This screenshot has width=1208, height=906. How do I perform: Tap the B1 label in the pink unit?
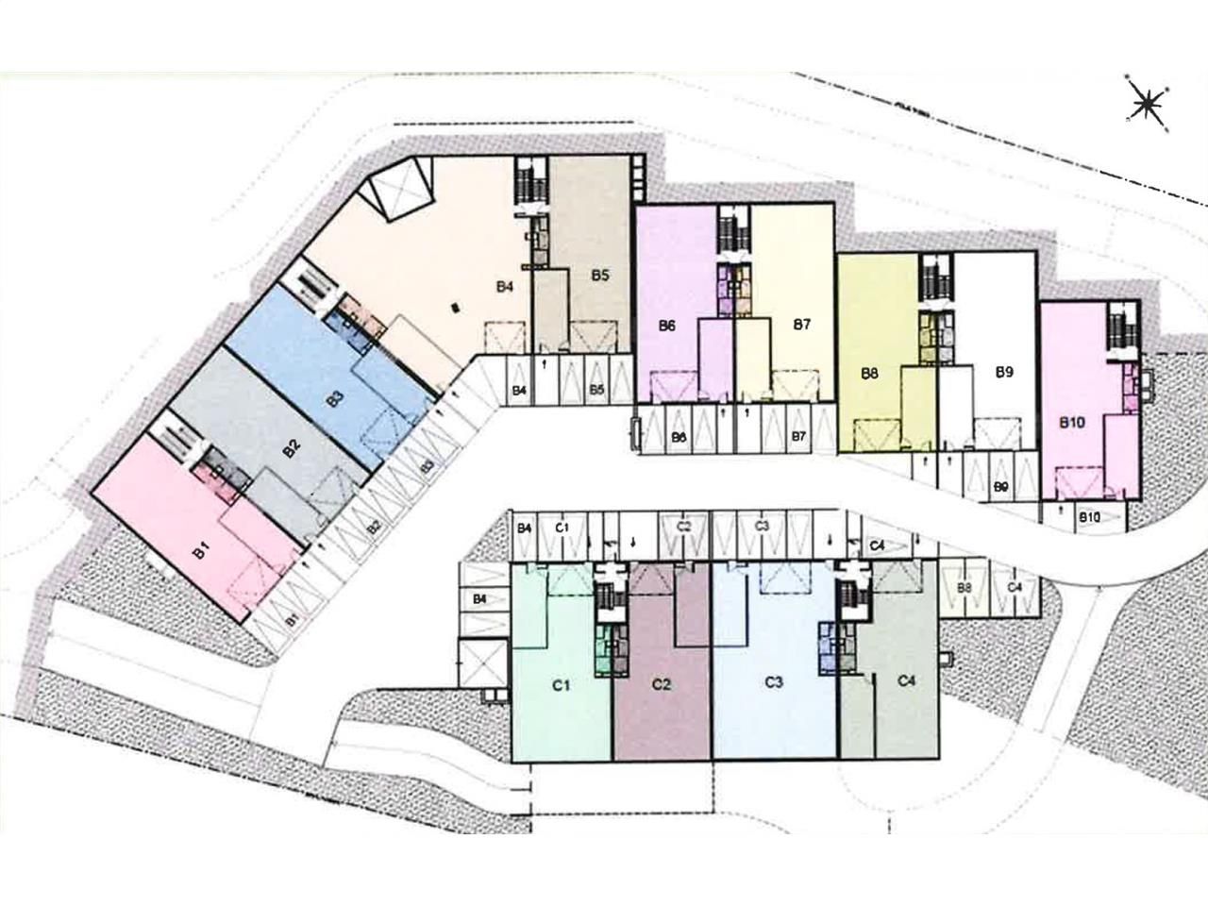click(x=199, y=551)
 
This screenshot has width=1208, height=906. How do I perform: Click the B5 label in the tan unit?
click(x=600, y=276)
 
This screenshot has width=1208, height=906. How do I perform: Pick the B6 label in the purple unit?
click(x=667, y=326)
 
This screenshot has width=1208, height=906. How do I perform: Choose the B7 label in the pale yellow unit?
click(x=801, y=325)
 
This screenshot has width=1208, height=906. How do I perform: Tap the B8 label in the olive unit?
click(x=870, y=373)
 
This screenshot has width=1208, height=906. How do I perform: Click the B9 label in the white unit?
click(x=1004, y=372)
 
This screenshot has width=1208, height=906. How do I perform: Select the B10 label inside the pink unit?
click(x=1070, y=424)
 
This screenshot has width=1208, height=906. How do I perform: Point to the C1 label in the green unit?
click(x=561, y=686)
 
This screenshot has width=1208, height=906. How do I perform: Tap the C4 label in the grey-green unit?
click(x=907, y=680)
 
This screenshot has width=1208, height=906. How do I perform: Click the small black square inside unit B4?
click(x=457, y=307)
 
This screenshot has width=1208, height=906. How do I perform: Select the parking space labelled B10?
click(x=1089, y=516)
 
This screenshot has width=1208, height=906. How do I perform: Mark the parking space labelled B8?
click(x=965, y=588)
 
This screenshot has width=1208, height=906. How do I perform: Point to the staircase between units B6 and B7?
click(x=728, y=230)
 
